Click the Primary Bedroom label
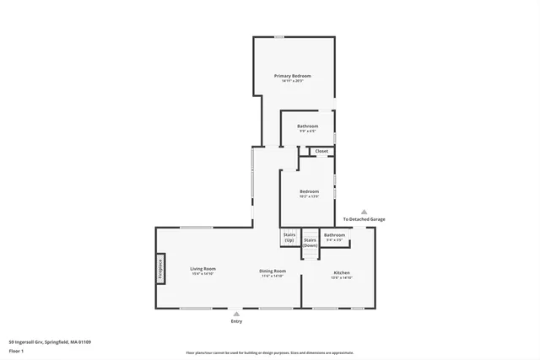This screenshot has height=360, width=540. (x=294, y=76)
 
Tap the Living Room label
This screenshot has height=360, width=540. (x=202, y=269)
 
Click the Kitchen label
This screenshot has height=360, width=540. (x=342, y=272)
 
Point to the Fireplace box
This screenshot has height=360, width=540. (x=159, y=269)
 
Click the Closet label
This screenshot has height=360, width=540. (x=321, y=151)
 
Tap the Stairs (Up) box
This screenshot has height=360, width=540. (x=289, y=238)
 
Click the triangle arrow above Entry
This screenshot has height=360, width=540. (x=236, y=314)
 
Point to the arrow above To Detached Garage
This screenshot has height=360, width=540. (x=364, y=212)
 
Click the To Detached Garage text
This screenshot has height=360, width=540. (x=364, y=219)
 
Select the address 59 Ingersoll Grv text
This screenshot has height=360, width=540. (x=50, y=341)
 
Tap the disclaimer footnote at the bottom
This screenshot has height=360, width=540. (x=270, y=353)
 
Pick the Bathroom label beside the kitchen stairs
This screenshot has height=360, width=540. (x=334, y=235)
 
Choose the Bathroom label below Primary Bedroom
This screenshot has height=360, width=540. (x=307, y=126)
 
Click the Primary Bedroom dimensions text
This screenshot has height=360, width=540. (x=294, y=81)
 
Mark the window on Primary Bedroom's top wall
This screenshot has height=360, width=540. (x=278, y=36)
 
